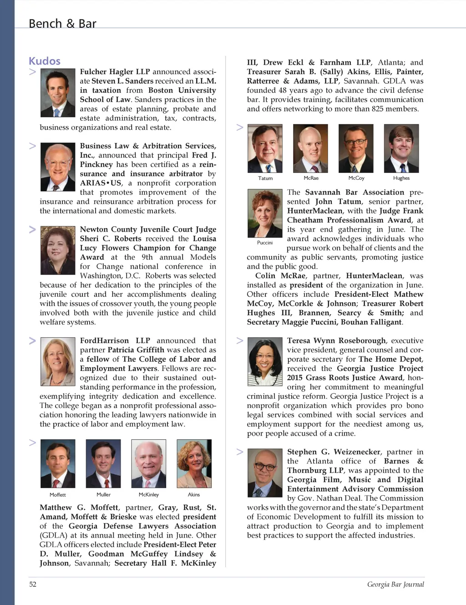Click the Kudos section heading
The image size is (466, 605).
pos(45,61)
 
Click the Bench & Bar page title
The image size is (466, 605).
pos(62,24)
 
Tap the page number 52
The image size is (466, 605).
pos(33,585)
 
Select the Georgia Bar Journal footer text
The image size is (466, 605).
pos(395,585)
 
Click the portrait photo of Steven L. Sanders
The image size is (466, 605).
pos(58,92)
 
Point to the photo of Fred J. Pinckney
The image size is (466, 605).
pos(58,167)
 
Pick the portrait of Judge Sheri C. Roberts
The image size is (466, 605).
pos(58,250)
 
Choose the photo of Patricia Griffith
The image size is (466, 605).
pos(58,361)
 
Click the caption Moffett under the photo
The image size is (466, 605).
pos(58,495)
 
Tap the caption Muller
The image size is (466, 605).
pos(103,495)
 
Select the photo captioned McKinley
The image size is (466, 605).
pos(149,463)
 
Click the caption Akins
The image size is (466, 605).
pos(194,495)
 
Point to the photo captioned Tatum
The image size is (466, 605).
pos(265,148)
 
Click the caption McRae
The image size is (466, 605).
pos(311,178)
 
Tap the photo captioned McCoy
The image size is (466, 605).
pos(356,148)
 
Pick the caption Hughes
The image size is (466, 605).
pos(401,178)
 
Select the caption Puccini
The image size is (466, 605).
pos(265,243)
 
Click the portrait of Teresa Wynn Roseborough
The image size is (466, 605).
pos(265,361)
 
